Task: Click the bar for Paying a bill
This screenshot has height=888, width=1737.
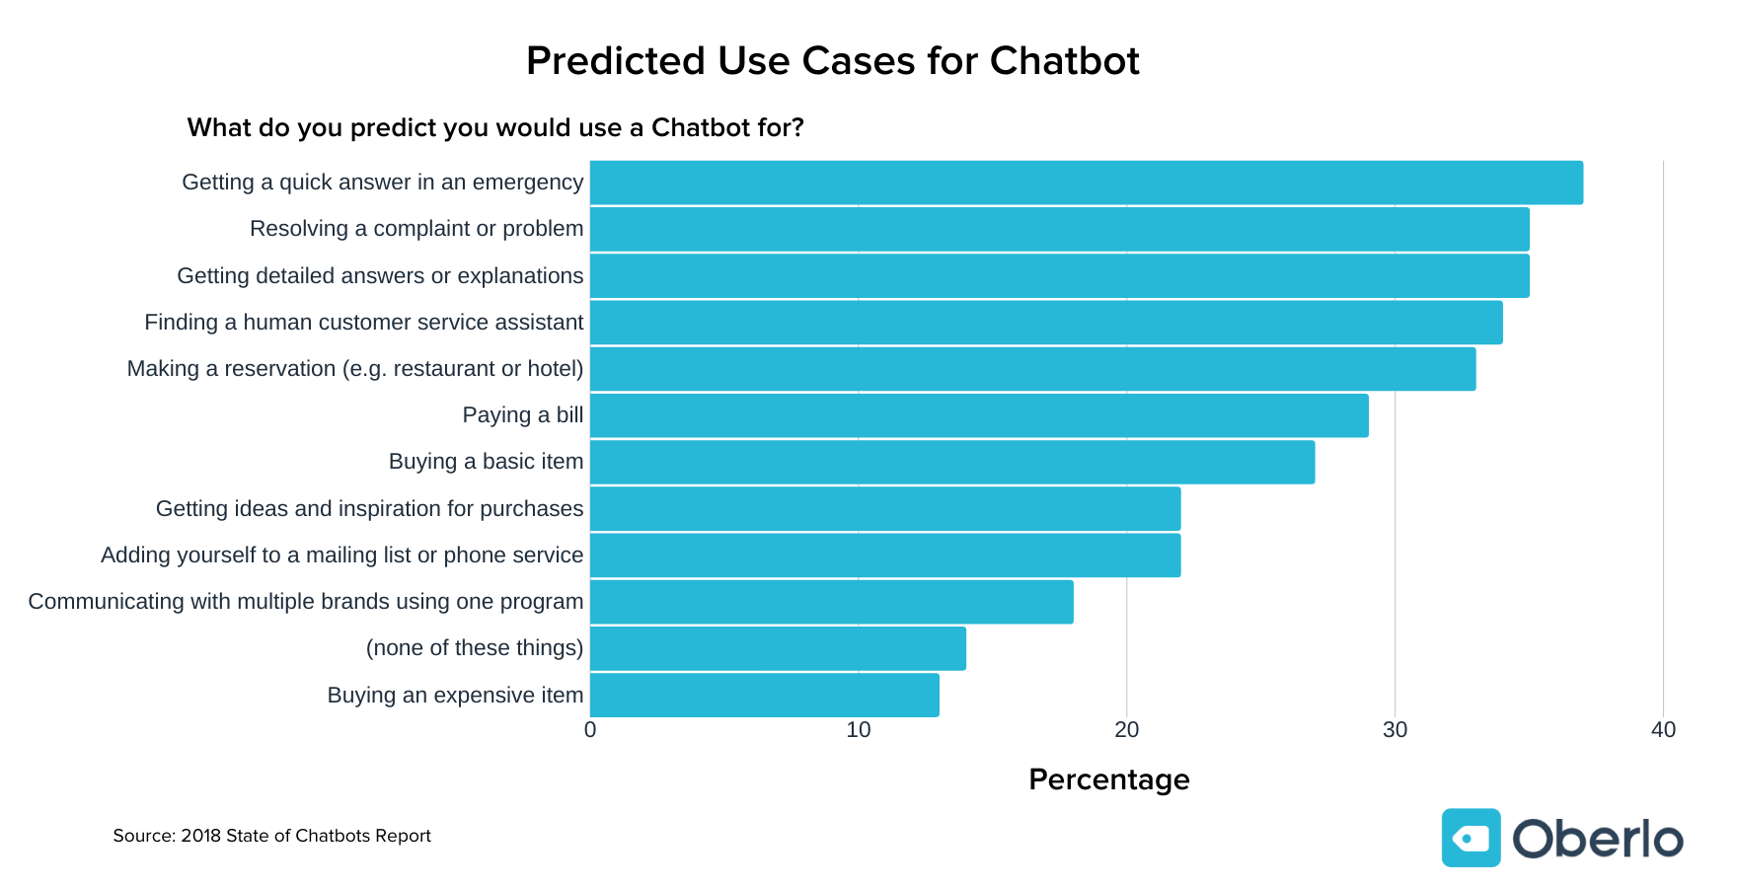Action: click(x=979, y=415)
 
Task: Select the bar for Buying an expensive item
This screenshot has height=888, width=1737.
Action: click(x=765, y=696)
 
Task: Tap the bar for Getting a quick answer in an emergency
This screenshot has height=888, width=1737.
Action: click(x=1086, y=183)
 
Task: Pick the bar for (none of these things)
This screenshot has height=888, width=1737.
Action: click(x=778, y=648)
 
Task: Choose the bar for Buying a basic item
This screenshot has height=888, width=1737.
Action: click(x=952, y=462)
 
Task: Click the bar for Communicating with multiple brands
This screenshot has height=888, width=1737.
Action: click(x=832, y=602)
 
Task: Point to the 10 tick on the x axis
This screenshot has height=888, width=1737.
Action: click(x=859, y=730)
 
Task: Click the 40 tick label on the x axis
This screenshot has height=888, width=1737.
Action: click(x=1663, y=730)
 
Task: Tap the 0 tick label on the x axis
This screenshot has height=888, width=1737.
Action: click(x=590, y=730)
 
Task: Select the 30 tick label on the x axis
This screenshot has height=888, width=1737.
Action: click(x=1395, y=730)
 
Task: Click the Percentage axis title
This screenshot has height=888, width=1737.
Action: click(x=1108, y=779)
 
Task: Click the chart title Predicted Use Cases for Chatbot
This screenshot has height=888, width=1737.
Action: click(x=832, y=61)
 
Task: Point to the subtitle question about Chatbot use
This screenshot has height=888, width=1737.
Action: click(x=495, y=128)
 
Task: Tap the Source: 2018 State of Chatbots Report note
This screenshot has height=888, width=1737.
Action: click(x=271, y=836)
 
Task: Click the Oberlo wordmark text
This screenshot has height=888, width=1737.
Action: click(x=1597, y=839)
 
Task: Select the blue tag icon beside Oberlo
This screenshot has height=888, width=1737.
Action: click(x=1471, y=838)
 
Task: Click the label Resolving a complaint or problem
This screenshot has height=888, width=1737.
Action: click(x=416, y=229)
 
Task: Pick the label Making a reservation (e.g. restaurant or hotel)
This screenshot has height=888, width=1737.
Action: click(x=355, y=369)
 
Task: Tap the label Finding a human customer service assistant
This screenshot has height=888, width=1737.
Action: click(x=363, y=323)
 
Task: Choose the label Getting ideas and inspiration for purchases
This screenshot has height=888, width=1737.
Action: click(x=369, y=509)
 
